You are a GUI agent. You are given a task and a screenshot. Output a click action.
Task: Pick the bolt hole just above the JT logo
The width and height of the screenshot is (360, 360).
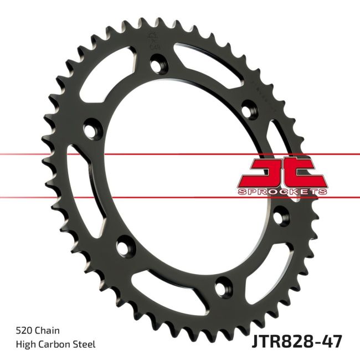[x=244, y=109]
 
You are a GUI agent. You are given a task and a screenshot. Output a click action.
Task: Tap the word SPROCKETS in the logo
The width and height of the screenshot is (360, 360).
[x=283, y=191]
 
